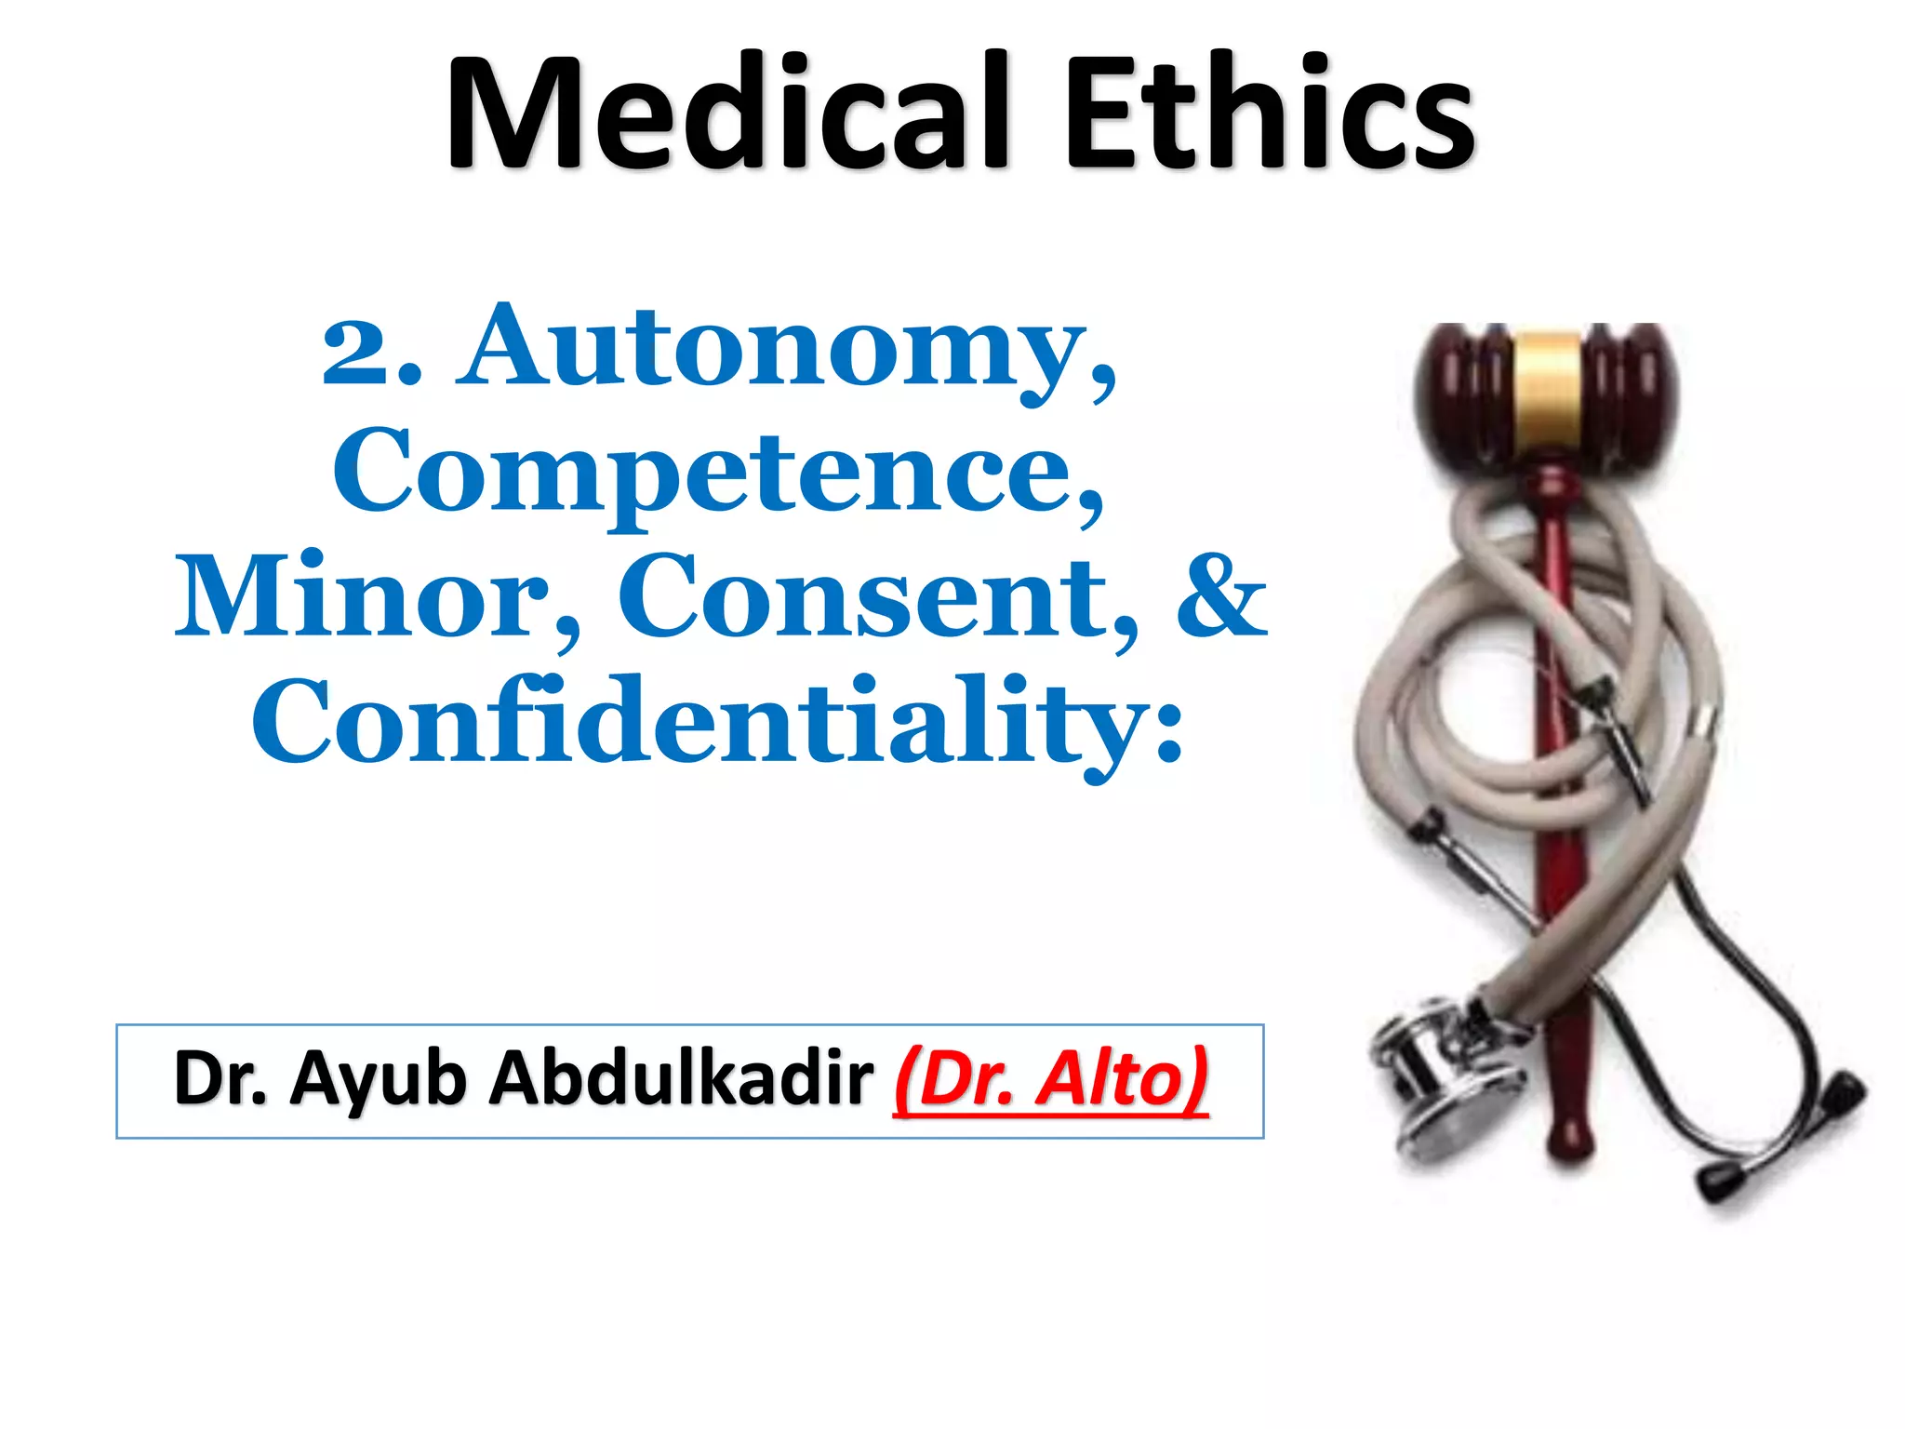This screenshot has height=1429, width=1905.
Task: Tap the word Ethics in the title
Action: click(1269, 114)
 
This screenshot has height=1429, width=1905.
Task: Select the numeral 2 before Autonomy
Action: click(358, 354)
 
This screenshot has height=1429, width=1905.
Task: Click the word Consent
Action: click(870, 597)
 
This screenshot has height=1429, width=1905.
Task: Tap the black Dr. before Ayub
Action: click(220, 1079)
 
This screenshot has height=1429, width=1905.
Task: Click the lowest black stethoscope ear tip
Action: click(1722, 1182)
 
